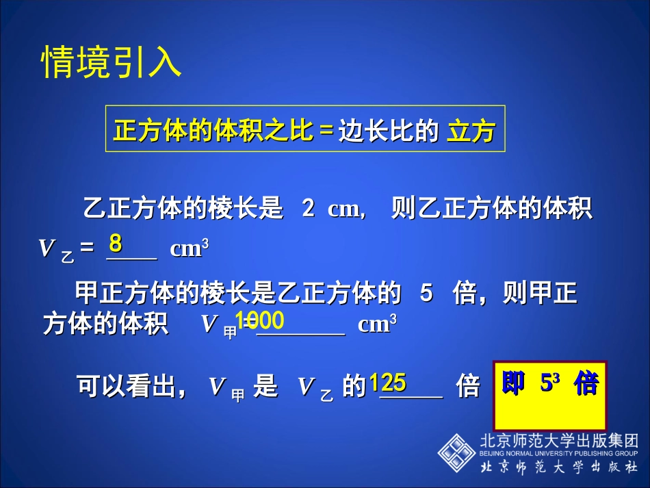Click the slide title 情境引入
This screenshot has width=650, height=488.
coord(112,62)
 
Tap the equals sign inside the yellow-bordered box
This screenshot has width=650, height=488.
coord(326,130)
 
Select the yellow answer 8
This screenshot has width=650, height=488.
coord(116,243)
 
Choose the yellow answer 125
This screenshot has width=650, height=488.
coord(388,383)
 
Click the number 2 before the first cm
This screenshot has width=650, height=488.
coord(309,209)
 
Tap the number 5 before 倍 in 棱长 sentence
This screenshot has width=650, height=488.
coord(426,294)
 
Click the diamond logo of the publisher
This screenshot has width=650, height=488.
coord(456,452)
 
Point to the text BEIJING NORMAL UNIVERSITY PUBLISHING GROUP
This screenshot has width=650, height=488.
coord(559,453)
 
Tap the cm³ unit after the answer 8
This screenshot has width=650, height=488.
coord(185,248)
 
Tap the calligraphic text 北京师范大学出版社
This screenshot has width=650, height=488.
coord(559,467)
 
